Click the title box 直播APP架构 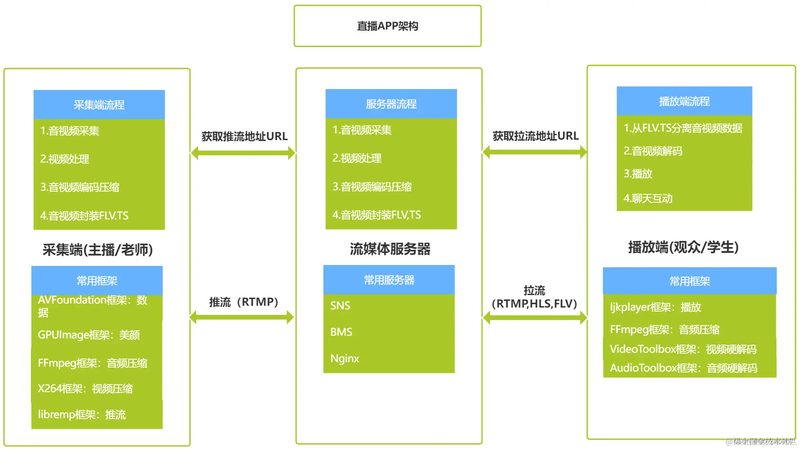(x=387, y=26)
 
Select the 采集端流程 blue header (x=99, y=105)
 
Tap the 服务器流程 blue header (x=391, y=104)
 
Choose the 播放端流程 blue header (x=684, y=101)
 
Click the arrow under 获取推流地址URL (x=243, y=153)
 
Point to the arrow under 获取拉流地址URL (x=534, y=152)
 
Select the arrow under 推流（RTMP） (x=242, y=317)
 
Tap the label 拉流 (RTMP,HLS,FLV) (x=534, y=297)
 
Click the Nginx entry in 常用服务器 (x=345, y=359)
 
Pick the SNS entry (x=340, y=306)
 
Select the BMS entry (x=341, y=332)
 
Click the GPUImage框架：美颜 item (x=89, y=335)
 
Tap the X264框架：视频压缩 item (x=85, y=389)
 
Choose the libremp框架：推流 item (x=82, y=415)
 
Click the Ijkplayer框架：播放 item (x=655, y=307)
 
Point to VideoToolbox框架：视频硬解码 (x=683, y=349)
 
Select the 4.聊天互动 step (x=648, y=198)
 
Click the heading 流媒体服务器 (x=390, y=249)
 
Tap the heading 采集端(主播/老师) (x=98, y=250)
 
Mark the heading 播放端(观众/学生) (x=683, y=247)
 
